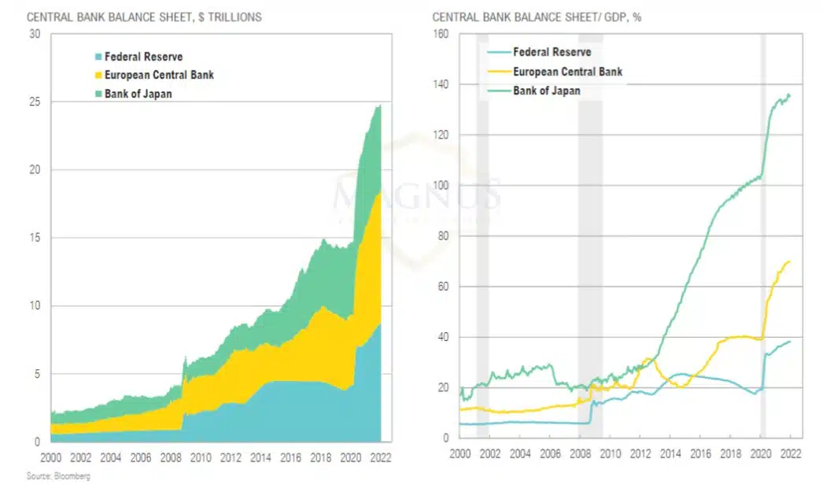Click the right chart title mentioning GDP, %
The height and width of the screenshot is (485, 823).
(x=537, y=17)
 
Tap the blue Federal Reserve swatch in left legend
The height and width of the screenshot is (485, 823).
(x=98, y=57)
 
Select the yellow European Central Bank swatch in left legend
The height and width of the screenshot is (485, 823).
(x=98, y=76)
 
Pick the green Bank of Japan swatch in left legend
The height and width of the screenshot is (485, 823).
(x=98, y=94)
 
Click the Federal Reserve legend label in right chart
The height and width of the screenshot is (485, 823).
(x=552, y=53)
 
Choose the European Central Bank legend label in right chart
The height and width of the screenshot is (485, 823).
(x=567, y=72)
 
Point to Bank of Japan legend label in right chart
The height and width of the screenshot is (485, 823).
(x=547, y=91)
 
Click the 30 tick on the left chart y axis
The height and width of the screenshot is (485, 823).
(x=34, y=34)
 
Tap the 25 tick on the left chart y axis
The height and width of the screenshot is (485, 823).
(x=34, y=102)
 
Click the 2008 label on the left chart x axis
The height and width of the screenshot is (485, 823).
(x=171, y=457)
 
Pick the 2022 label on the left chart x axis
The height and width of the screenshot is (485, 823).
(x=380, y=457)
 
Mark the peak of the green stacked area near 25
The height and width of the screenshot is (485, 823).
(x=379, y=106)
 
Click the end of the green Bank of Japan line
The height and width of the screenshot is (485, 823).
(x=790, y=95)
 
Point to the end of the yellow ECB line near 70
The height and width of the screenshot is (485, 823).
(x=790, y=261)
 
